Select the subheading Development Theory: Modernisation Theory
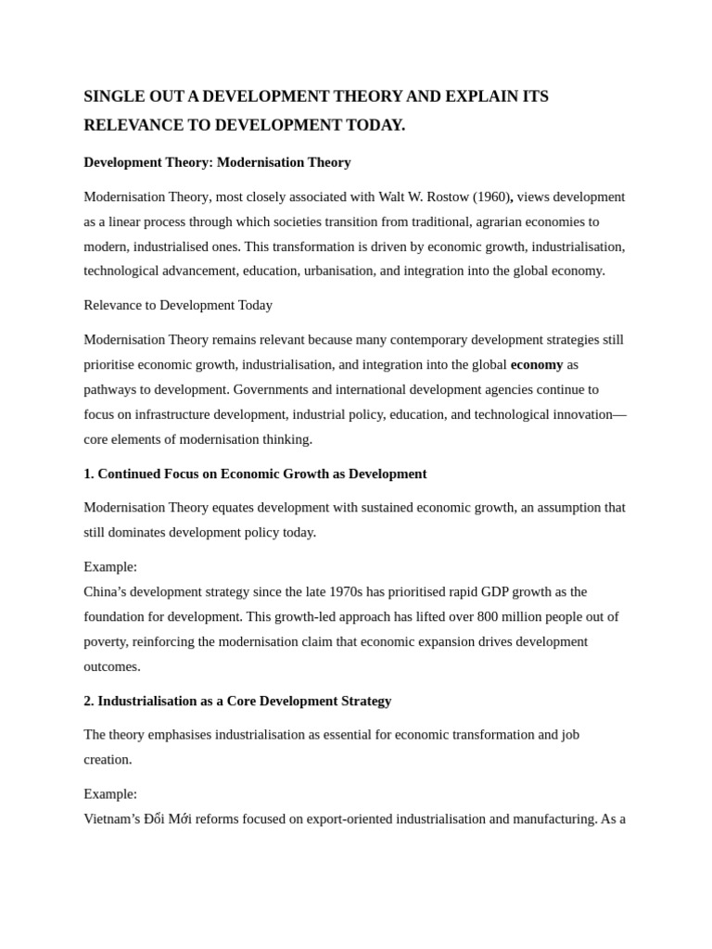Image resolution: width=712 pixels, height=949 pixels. pyautogui.click(x=217, y=162)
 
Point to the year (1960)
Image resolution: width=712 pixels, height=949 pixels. pyautogui.click(x=490, y=196)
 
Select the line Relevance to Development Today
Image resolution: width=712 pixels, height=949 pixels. pyautogui.click(x=178, y=305)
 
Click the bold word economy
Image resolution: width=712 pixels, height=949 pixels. pyautogui.click(x=537, y=364)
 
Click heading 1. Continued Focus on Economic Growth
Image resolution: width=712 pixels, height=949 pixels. pyautogui.click(x=255, y=474)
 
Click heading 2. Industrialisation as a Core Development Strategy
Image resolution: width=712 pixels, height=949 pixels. pyautogui.click(x=237, y=701)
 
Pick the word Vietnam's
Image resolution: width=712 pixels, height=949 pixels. pyautogui.click(x=111, y=818)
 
